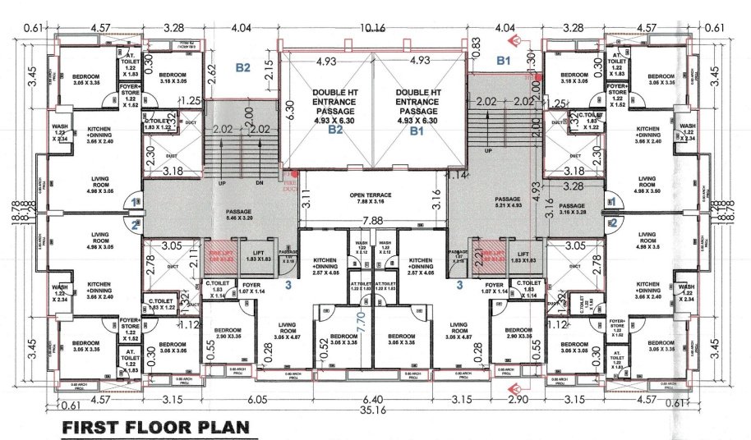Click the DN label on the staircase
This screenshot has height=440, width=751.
coord(260,183)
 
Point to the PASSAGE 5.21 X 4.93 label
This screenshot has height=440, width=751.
coord(503,202)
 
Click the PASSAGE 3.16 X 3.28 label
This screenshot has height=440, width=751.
coord(573,209)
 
